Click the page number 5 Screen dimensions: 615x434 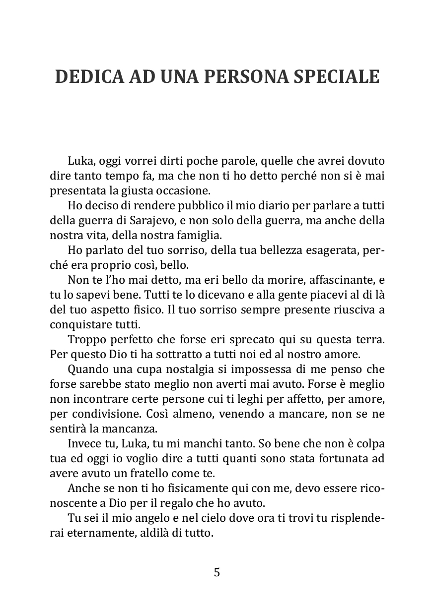pos(217,572)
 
